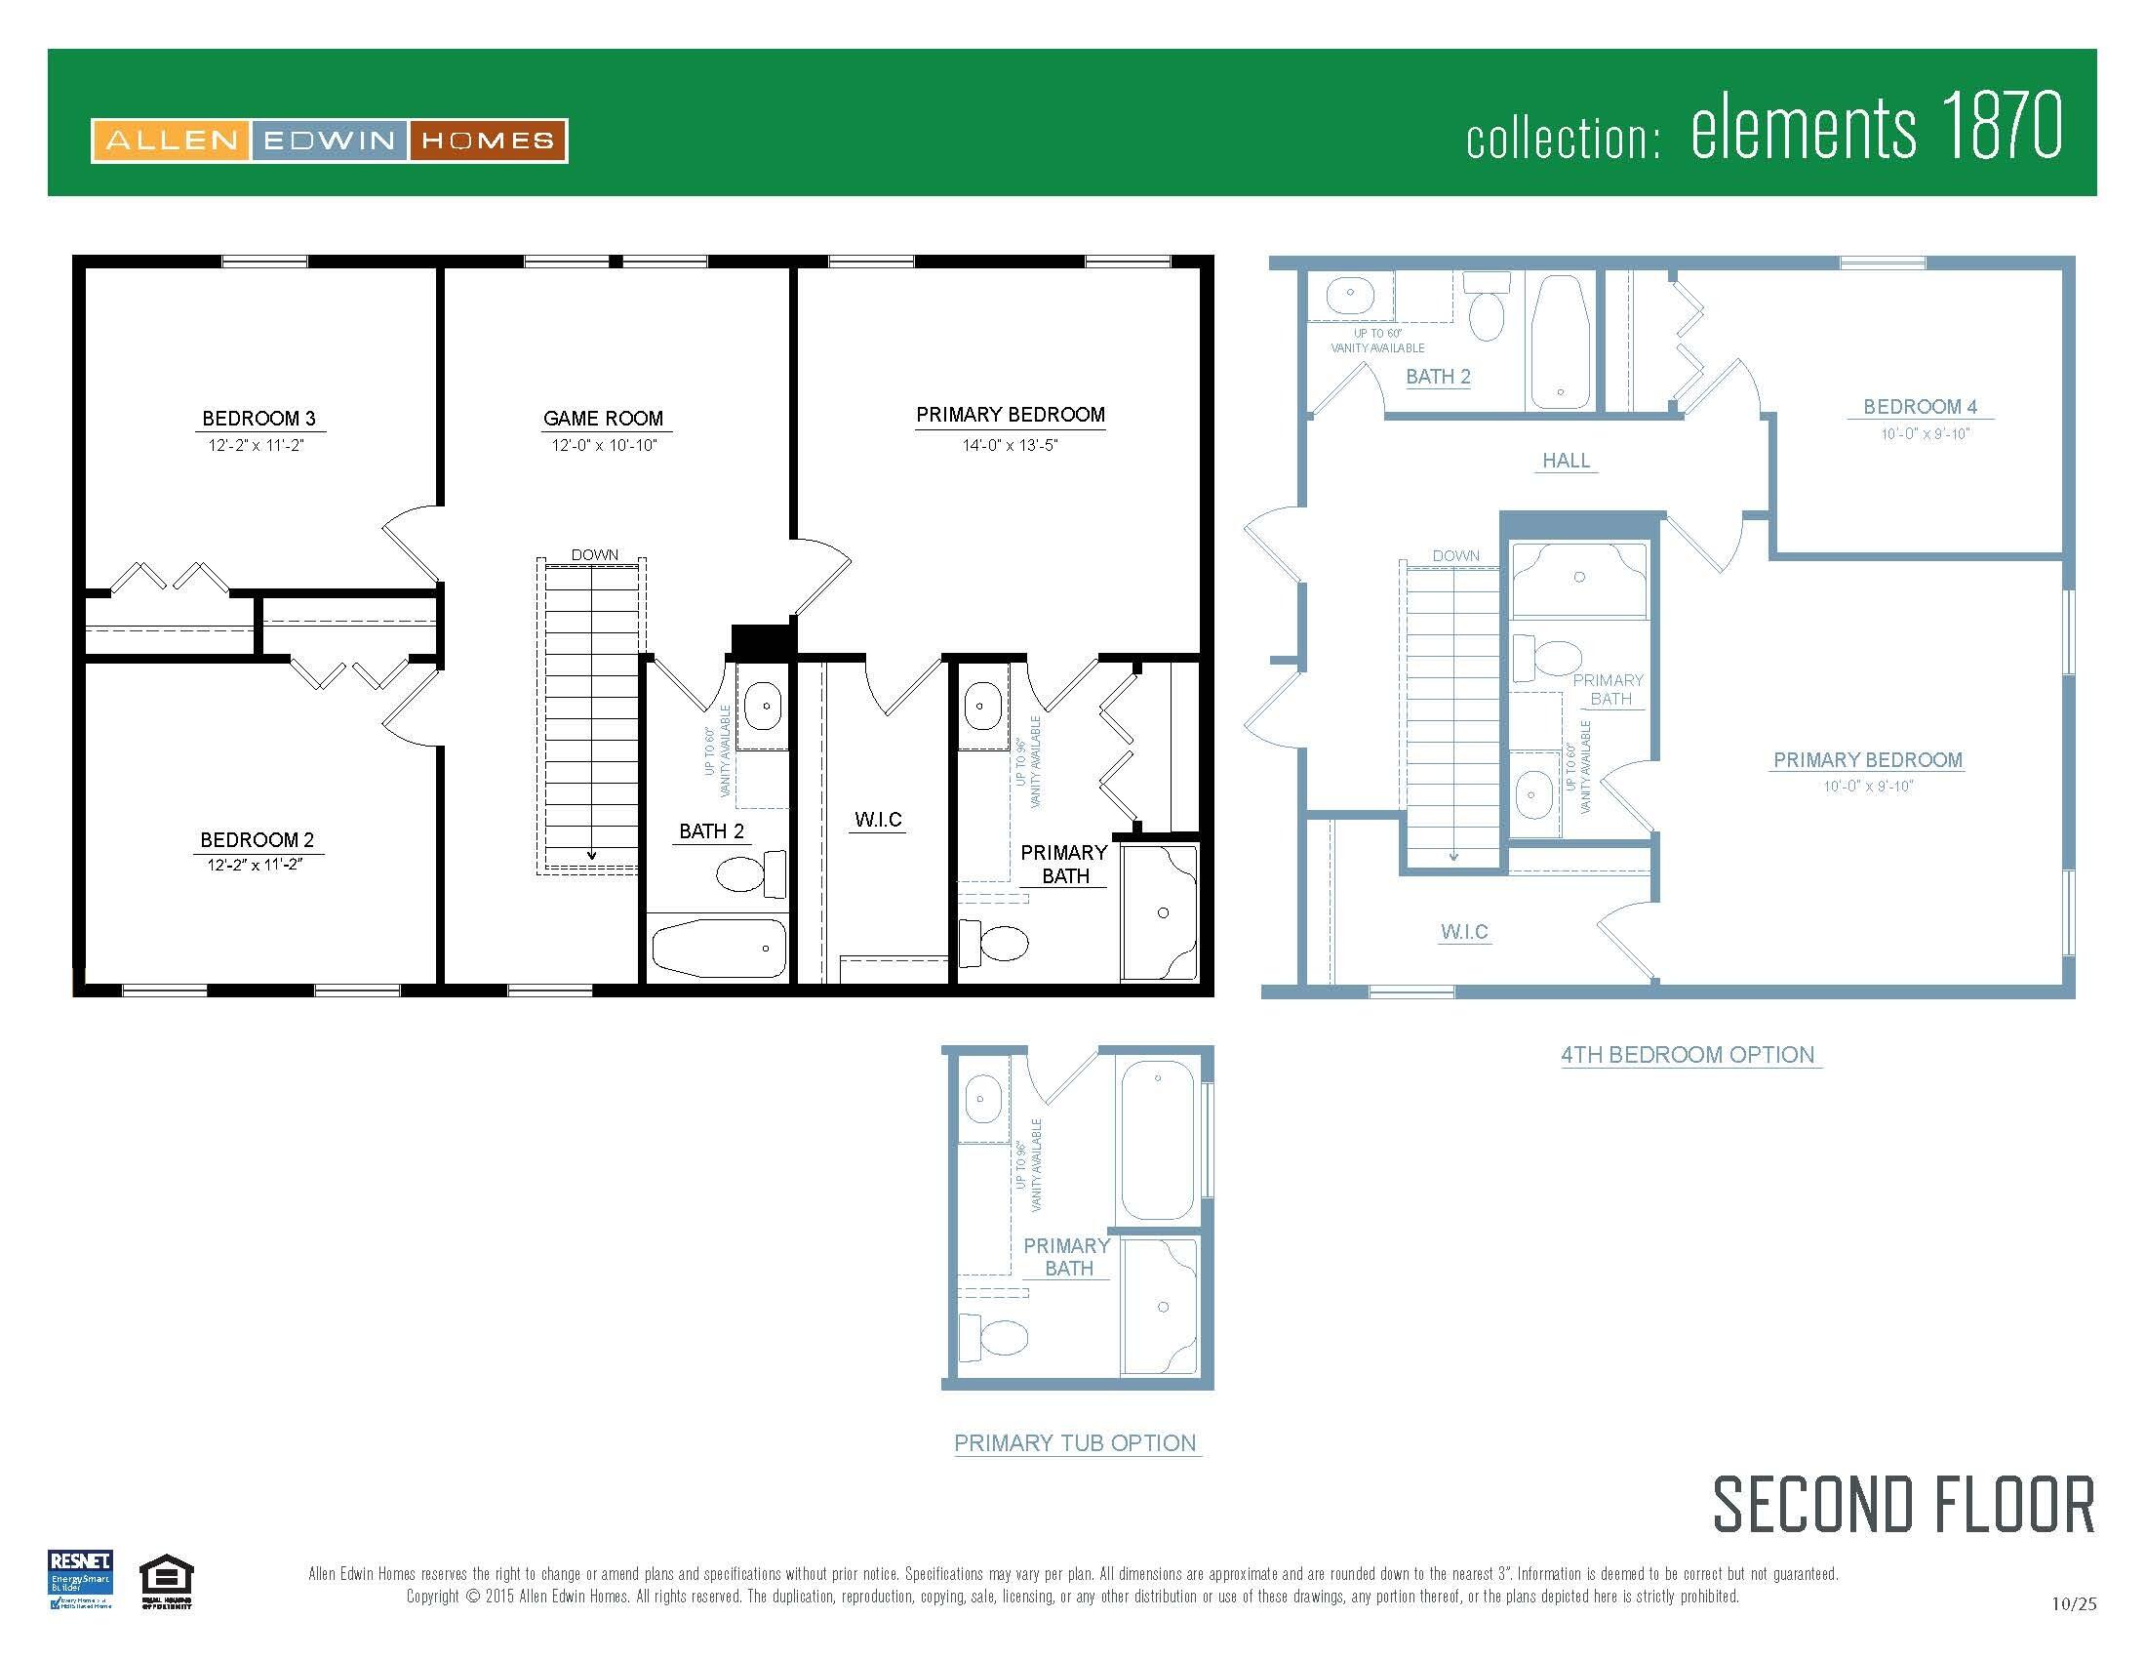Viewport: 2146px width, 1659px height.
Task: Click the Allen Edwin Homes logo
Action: point(329,141)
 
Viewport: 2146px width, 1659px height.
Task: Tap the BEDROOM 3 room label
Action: point(258,419)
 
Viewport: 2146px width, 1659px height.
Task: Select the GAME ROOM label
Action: point(603,419)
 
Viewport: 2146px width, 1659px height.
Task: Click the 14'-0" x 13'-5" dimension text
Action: point(1010,445)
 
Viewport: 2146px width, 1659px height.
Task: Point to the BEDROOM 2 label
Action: point(258,840)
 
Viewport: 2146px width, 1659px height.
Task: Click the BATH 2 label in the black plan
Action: point(711,831)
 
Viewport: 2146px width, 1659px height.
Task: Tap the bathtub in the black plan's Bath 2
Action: point(718,948)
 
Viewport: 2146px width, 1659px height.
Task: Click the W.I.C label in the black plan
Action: point(878,820)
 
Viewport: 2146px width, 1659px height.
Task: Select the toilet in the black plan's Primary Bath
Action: point(994,944)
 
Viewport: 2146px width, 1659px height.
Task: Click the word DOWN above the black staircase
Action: point(594,555)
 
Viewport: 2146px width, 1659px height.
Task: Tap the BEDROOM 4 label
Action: point(1920,407)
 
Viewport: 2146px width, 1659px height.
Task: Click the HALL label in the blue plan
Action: point(1566,461)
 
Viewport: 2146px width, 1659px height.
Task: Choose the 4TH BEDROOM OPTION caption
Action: point(1688,1056)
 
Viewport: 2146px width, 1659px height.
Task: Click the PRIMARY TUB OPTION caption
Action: point(1075,1442)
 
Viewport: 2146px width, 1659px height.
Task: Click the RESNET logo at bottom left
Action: point(81,1579)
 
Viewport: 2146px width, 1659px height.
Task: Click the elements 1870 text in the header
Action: point(1875,128)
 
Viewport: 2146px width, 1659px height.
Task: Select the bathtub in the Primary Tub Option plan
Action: point(1158,1139)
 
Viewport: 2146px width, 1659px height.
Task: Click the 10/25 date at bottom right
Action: point(2073,1604)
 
